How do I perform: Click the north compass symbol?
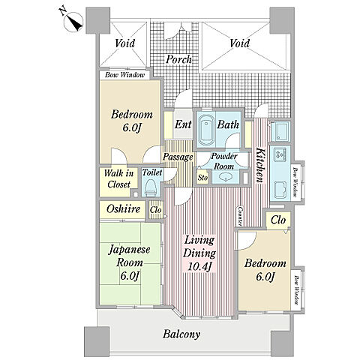(x=73, y=22)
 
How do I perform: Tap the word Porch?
(x=179, y=59)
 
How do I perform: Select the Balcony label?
(x=181, y=334)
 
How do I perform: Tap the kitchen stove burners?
(x=280, y=154)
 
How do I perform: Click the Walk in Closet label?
(x=118, y=178)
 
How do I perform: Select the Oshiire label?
(x=123, y=208)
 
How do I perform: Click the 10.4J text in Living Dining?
(x=199, y=266)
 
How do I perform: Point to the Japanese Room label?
(x=130, y=256)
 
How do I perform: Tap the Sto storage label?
(x=202, y=178)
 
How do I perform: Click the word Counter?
(x=240, y=216)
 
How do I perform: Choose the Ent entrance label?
(x=183, y=124)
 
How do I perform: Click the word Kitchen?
(x=260, y=165)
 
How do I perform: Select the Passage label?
(x=178, y=157)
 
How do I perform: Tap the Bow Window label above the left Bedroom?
(x=124, y=75)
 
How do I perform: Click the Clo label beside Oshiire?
(x=156, y=210)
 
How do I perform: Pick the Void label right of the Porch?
(x=239, y=43)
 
